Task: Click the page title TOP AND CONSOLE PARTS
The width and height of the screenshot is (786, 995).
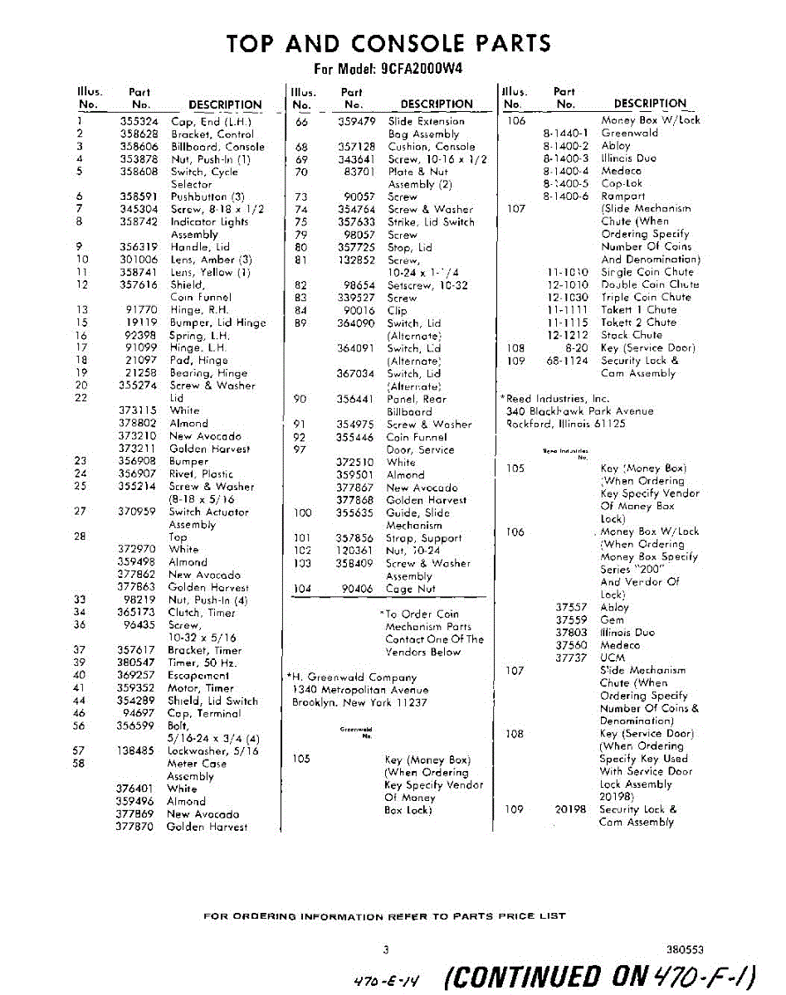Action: click(x=388, y=43)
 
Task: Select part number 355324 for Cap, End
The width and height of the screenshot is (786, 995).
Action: click(x=139, y=121)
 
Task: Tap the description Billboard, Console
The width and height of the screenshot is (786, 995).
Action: click(x=217, y=147)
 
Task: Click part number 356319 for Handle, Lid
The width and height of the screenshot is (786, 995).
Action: click(x=139, y=247)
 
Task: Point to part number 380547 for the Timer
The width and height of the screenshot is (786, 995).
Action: click(x=137, y=663)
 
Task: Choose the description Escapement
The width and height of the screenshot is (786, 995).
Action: click(x=198, y=676)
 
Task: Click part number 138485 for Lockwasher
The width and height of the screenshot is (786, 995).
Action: click(x=137, y=751)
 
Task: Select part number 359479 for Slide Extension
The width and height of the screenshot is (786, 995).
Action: click(x=356, y=121)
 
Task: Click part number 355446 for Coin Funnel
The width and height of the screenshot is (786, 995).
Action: click(x=356, y=437)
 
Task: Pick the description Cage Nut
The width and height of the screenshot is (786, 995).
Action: click(x=412, y=589)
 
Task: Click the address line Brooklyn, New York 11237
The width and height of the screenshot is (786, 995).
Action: click(x=359, y=702)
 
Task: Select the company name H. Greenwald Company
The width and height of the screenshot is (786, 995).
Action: click(x=351, y=677)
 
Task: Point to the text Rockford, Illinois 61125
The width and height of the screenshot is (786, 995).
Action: click(x=565, y=424)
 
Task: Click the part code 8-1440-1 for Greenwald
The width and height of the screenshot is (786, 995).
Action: click(x=565, y=133)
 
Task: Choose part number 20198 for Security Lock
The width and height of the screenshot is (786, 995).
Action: click(x=571, y=809)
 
